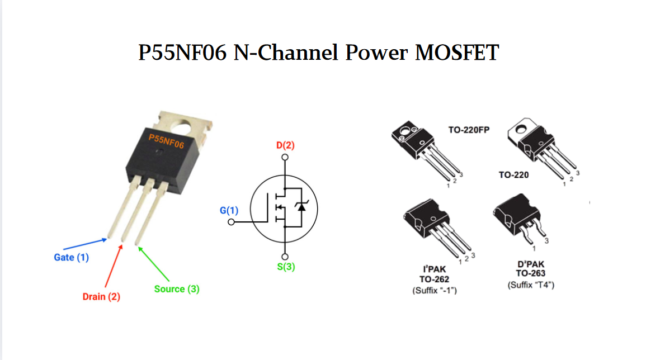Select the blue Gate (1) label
(x=71, y=258)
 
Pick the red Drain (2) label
(x=101, y=297)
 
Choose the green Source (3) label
(x=177, y=289)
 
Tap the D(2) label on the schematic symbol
(x=285, y=146)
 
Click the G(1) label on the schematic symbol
(x=229, y=211)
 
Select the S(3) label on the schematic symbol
(x=286, y=267)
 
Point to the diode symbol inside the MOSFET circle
(x=302, y=207)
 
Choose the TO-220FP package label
(x=469, y=130)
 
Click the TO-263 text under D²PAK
(x=531, y=273)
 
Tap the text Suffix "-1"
(x=435, y=291)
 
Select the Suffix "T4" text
(x=531, y=285)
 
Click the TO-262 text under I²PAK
(x=435, y=279)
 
